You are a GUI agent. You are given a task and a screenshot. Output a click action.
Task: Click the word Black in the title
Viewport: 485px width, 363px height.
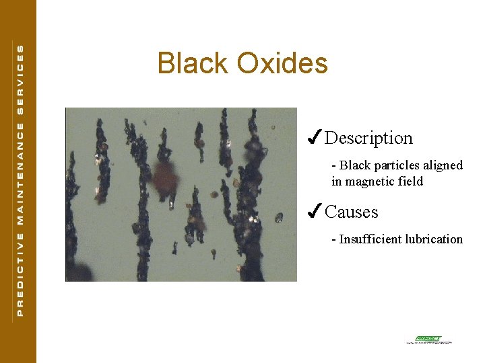(x=193, y=63)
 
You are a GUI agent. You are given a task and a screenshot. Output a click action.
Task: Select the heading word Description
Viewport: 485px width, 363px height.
(x=368, y=138)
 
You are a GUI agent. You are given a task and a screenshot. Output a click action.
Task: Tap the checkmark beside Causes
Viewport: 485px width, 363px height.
(x=313, y=212)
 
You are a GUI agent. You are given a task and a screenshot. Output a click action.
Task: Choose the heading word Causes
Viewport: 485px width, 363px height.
(x=352, y=212)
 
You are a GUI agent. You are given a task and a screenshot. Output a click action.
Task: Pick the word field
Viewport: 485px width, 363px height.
(x=411, y=182)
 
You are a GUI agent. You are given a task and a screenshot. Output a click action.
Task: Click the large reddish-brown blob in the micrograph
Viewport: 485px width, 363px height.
(x=164, y=177)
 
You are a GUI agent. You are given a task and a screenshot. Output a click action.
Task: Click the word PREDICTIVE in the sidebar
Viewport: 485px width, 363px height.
(x=20, y=274)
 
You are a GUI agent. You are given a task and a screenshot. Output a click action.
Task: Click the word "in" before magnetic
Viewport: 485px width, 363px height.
(x=337, y=182)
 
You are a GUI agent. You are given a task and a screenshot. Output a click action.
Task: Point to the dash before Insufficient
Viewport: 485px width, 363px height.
(x=334, y=239)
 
